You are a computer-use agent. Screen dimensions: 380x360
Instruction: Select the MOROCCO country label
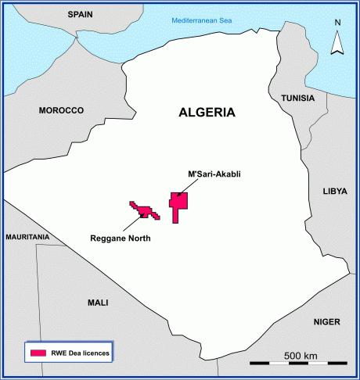pos(60,111)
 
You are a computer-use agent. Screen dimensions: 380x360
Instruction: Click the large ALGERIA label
pos(206,112)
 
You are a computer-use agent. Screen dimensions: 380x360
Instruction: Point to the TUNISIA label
pos(292,99)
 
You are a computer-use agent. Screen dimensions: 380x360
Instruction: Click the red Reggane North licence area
pos(144,209)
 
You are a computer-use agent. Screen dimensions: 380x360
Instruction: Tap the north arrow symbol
pos(337,46)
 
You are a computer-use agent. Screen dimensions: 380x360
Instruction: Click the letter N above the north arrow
pos(337,23)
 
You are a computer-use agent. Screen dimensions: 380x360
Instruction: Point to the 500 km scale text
pos(300,356)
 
